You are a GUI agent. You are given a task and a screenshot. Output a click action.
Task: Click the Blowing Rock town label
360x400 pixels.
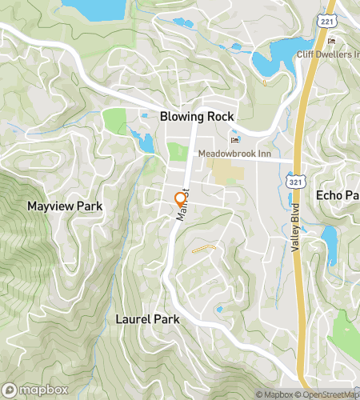click(196, 116)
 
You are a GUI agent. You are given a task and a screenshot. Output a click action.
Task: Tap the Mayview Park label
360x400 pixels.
click(65, 206)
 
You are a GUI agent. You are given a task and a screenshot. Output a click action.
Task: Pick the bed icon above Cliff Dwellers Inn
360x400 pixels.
click(331, 42)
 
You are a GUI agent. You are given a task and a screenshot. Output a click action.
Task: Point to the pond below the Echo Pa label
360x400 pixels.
click(329, 238)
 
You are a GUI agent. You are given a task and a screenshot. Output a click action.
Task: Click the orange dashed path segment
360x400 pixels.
click(205, 248)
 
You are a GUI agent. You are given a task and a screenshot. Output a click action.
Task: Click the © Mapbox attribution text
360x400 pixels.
click(275, 394)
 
